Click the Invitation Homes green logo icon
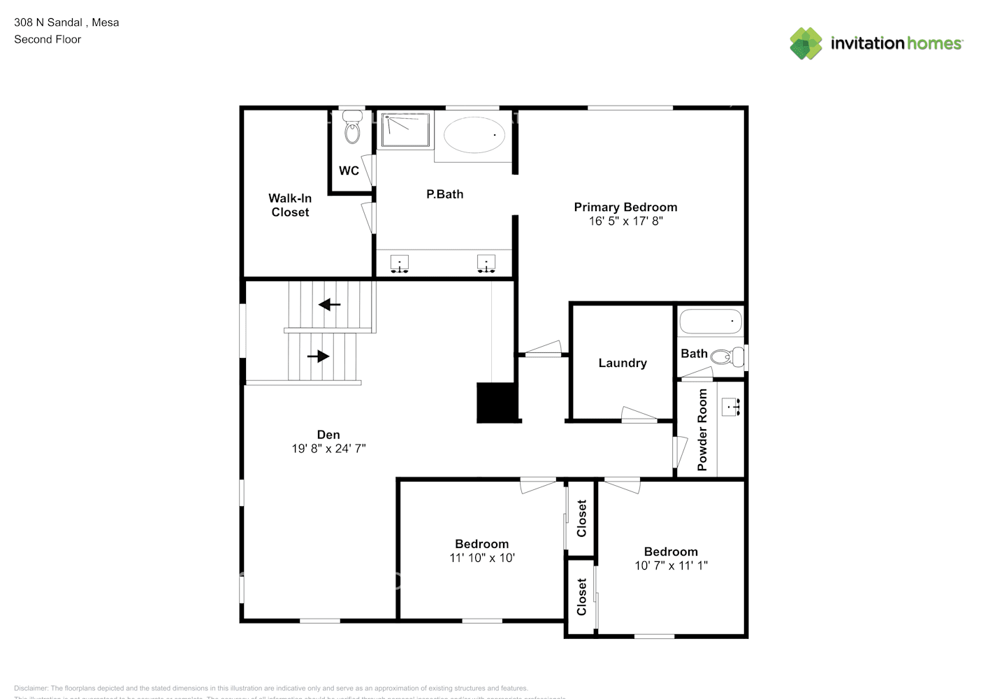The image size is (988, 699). [x=806, y=43]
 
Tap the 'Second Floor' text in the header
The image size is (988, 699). [x=48, y=39]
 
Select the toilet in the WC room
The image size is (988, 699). [x=352, y=130]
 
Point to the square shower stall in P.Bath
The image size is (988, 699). [x=405, y=131]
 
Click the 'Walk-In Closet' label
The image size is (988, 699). [x=290, y=206]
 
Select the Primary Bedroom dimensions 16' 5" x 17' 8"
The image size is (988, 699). [x=625, y=221]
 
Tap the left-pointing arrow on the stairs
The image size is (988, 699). [x=329, y=305]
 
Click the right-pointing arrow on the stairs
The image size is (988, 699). [x=319, y=356]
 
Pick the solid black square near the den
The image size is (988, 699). [x=497, y=403]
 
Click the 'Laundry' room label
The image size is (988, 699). [x=623, y=363]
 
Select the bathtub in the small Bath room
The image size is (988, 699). [x=711, y=322]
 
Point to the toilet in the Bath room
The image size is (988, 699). [x=724, y=357]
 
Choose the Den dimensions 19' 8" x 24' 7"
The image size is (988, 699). [x=328, y=449]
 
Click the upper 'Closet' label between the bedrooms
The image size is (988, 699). [x=581, y=518]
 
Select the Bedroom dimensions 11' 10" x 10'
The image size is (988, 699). [x=481, y=558]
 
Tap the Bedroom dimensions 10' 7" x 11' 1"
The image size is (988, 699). [x=671, y=565]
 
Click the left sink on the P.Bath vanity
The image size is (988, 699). [x=399, y=264]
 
